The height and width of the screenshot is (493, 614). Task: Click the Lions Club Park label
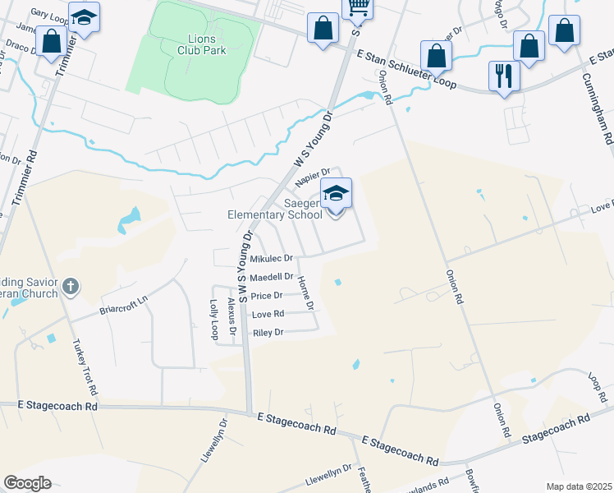201,44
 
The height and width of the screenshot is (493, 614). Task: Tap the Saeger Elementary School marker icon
336,194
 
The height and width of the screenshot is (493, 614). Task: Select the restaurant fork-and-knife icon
503,76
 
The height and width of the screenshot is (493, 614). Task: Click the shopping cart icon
358,7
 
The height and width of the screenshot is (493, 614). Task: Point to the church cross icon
71,287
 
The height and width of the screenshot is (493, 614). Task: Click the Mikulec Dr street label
271,258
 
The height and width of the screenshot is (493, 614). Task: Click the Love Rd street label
268,314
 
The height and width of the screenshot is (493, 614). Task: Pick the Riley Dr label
268,333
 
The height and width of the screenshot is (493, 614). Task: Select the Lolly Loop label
214,320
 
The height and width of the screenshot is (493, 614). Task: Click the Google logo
27,483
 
